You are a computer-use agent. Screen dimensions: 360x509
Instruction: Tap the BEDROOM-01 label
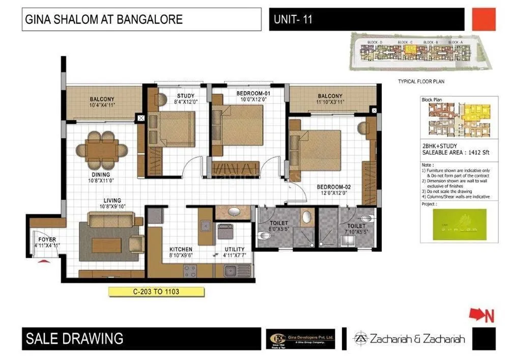pyautogui.click(x=248, y=94)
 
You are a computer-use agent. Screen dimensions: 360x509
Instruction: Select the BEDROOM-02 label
pyautogui.click(x=333, y=187)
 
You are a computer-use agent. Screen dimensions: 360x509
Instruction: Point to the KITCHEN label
pyautogui.click(x=181, y=250)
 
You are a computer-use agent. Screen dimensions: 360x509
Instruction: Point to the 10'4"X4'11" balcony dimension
pyautogui.click(x=102, y=105)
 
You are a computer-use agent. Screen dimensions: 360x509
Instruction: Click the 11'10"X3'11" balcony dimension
pyautogui.click(x=330, y=102)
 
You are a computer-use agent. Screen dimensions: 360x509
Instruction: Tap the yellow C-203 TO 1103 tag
pyautogui.click(x=156, y=292)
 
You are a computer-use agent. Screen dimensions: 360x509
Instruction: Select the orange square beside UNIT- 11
pyautogui.click(x=483, y=20)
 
